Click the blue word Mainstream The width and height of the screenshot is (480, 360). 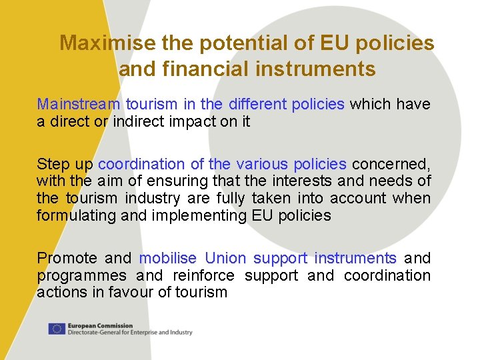tap(79, 105)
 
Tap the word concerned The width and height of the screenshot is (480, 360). tap(391, 164)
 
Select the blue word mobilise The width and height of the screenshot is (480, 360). tap(168, 258)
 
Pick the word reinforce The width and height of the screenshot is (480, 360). tap(203, 275)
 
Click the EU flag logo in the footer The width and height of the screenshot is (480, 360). tap(57, 329)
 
